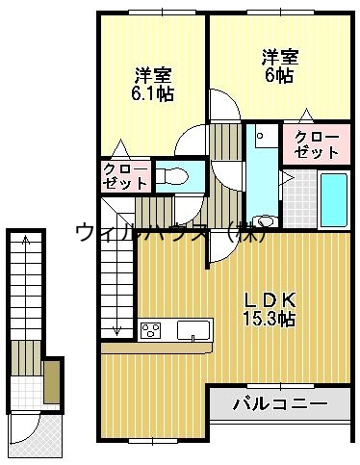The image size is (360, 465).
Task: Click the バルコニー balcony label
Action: click(281, 402)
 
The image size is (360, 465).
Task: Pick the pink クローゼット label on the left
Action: click(125, 175)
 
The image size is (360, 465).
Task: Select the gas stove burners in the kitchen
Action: click(152, 331)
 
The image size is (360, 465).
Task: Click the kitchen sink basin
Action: click(193, 330)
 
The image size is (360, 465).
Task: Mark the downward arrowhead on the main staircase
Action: click(117, 330)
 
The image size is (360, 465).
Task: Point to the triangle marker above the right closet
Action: click(304, 114)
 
